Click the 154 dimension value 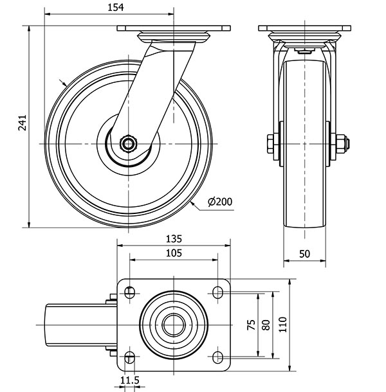116,8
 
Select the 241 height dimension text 23,123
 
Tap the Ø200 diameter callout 220,202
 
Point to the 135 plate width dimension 174,239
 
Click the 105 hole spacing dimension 174,253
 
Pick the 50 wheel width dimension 304,254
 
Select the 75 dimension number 252,325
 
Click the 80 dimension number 266,325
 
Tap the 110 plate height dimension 283,325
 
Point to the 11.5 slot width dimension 130,380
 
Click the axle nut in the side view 128,144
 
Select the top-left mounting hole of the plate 129,292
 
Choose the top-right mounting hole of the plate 217,292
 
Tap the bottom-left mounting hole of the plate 129,357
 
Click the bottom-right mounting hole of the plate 217,357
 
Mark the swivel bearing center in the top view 174,325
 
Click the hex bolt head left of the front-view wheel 270,144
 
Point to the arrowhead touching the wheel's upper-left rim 64,84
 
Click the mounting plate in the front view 304,28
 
